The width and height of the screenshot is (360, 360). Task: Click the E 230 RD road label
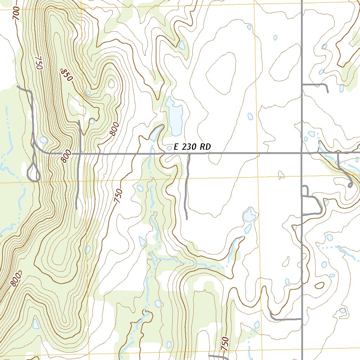coord(192,147)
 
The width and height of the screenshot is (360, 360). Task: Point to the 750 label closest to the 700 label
coord(38,62)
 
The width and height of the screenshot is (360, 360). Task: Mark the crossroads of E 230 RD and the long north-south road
coord(302,153)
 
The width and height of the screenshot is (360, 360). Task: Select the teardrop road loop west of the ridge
coord(34,173)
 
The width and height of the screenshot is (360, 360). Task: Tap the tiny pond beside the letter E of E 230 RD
coord(169,148)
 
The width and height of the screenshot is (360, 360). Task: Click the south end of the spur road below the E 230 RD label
coord(187,219)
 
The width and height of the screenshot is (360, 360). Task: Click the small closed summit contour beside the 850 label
coord(112,84)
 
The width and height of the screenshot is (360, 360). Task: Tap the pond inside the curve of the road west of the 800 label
coord(43,140)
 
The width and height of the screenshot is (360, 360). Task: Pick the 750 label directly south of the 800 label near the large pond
coord(118,195)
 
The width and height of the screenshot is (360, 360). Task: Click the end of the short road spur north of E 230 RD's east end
coord(328,92)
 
